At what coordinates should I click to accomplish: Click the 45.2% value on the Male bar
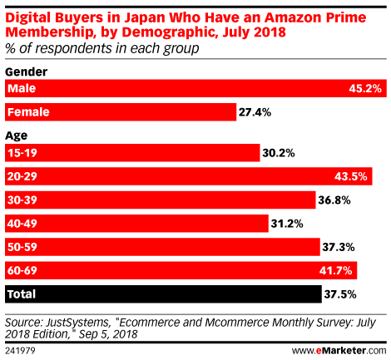(x=365, y=88)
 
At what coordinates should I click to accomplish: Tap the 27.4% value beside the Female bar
(x=255, y=112)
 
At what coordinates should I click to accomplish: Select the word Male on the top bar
(x=22, y=88)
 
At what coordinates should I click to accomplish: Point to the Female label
(x=28, y=112)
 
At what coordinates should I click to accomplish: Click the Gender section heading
(x=27, y=72)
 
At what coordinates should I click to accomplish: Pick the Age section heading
(x=17, y=136)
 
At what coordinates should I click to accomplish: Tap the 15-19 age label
(x=22, y=153)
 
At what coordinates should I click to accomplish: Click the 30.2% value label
(x=279, y=153)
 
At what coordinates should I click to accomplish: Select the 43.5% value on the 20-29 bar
(x=351, y=176)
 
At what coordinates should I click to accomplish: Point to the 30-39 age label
(x=22, y=200)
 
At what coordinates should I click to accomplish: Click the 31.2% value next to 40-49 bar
(x=287, y=224)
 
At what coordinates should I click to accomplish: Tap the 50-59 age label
(x=22, y=247)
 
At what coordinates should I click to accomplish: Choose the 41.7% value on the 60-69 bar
(x=335, y=270)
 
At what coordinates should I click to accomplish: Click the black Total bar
(x=163, y=294)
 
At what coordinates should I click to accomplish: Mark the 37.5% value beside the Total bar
(x=340, y=294)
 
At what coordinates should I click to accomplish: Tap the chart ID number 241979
(x=20, y=351)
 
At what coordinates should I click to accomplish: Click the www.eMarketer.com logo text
(x=339, y=351)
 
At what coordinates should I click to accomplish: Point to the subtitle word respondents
(x=73, y=49)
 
